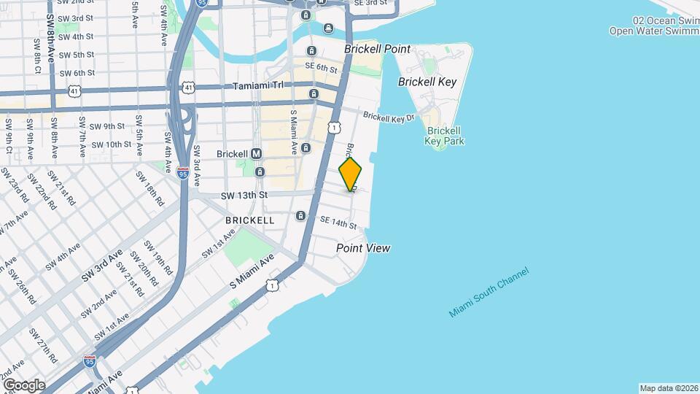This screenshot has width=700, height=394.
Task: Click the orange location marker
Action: pyautogui.click(x=350, y=174)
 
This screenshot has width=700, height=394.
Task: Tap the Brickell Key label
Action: pyautogui.click(x=427, y=82)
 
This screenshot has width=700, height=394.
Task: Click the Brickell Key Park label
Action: pyautogui.click(x=446, y=136)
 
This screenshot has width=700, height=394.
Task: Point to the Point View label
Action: pyautogui.click(x=363, y=248)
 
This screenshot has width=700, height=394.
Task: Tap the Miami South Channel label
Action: pyautogui.click(x=489, y=293)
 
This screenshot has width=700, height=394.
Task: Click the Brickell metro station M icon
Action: pyautogui.click(x=256, y=154)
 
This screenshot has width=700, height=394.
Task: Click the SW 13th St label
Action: pyautogui.click(x=244, y=195)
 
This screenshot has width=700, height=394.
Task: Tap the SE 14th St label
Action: pyautogui.click(x=338, y=223)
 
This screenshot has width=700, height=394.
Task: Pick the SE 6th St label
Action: pyautogui.click(x=321, y=68)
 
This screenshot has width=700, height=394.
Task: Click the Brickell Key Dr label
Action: pyautogui.click(x=389, y=117)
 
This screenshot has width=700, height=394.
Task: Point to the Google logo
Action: pyautogui.click(x=23, y=385)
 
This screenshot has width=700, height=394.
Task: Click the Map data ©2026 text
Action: pyautogui.click(x=669, y=388)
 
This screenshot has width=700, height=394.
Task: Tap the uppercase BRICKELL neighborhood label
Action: pyautogui.click(x=250, y=220)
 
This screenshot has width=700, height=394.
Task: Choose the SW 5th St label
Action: pyautogui.click(x=77, y=55)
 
